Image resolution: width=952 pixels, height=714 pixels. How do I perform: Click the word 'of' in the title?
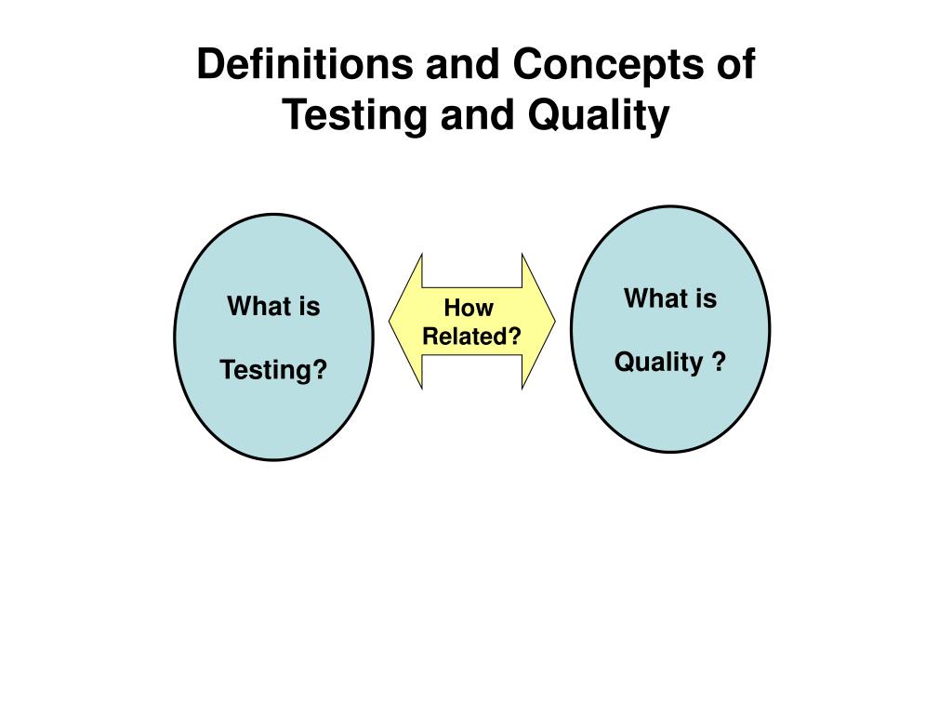pyautogui.click(x=736, y=63)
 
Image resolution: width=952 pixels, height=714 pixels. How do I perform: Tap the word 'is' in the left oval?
pyautogui.click(x=308, y=306)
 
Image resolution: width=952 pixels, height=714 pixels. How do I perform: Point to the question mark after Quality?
pyautogui.click(x=719, y=362)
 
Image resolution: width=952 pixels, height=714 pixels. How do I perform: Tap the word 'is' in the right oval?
pyautogui.click(x=705, y=298)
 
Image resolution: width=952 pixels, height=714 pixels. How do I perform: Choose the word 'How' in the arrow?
pyautogui.click(x=469, y=308)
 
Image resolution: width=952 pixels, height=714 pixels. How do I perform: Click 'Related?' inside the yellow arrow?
pyautogui.click(x=471, y=336)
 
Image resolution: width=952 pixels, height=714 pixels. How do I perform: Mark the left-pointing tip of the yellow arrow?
pyautogui.click(x=390, y=321)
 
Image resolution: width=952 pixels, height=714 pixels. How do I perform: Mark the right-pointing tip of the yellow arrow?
pyautogui.click(x=555, y=320)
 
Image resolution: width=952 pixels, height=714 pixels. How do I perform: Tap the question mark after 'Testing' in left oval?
pyautogui.click(x=320, y=370)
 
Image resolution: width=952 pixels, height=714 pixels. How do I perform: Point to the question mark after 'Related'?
pyautogui.click(x=515, y=336)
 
